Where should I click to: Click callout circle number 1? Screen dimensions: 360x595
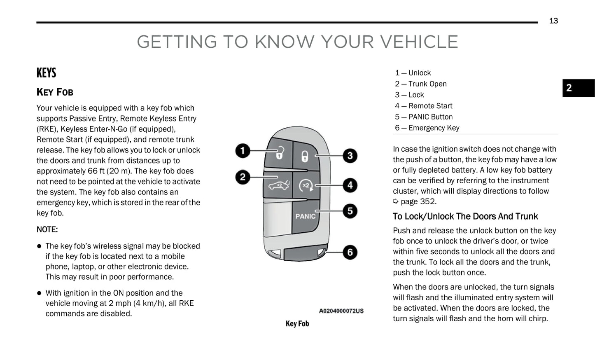[243, 151]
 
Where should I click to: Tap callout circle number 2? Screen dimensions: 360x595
[243, 178]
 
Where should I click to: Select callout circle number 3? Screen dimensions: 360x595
[350, 156]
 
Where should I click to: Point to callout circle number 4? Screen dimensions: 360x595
[350, 185]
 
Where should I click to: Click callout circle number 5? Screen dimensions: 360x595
[350, 211]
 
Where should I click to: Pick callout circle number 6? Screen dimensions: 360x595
[350, 252]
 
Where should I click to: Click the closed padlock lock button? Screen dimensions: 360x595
[305, 156]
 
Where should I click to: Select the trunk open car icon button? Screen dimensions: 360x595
[278, 185]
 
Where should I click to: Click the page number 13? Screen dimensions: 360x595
[553, 21]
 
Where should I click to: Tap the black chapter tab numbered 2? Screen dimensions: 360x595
[578, 88]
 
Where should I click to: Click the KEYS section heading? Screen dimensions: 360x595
[46, 73]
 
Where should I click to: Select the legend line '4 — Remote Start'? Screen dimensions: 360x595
[423, 106]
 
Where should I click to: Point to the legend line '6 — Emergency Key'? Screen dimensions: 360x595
[427, 128]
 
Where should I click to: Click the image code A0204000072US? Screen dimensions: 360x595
[341, 311]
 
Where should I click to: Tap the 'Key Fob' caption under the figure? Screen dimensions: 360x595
[297, 324]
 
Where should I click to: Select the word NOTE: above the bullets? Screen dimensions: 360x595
[47, 229]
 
